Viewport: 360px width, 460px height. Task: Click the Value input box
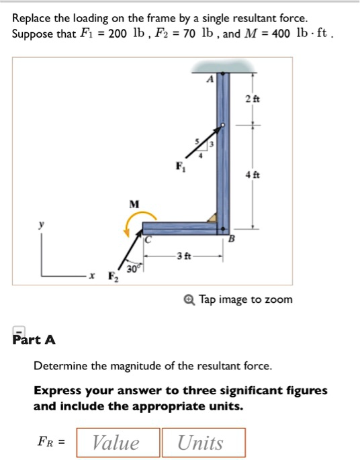118,443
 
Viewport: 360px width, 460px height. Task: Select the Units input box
204,443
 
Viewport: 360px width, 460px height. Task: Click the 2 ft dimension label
252,99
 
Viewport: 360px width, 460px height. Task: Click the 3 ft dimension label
183,256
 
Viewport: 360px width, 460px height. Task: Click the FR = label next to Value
51,443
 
